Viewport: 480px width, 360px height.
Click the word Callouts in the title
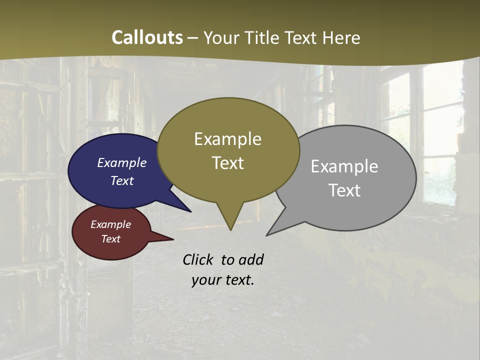(x=147, y=37)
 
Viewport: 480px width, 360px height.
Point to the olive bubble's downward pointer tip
(x=230, y=228)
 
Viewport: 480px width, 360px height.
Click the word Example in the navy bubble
(x=121, y=163)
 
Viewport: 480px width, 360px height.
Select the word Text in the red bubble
(x=110, y=239)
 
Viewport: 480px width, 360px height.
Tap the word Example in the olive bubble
(x=227, y=139)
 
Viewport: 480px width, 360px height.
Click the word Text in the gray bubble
(x=344, y=190)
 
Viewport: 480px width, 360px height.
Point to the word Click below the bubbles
(x=197, y=259)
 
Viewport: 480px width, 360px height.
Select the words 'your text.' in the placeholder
(x=222, y=280)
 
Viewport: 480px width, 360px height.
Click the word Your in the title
(x=220, y=37)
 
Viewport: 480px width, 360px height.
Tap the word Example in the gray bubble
(x=344, y=166)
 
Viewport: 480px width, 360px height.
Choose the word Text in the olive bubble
(x=227, y=163)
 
